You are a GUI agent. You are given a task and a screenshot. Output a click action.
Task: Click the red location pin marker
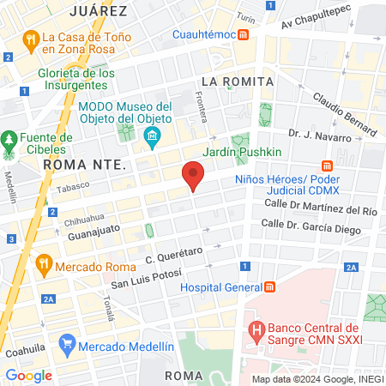click(x=193, y=177)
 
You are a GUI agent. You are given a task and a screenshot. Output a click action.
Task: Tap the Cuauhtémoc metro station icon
click(x=244, y=35)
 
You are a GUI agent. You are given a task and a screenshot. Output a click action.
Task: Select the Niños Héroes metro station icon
click(x=327, y=166)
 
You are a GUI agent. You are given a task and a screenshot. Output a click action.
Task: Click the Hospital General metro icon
click(x=269, y=286)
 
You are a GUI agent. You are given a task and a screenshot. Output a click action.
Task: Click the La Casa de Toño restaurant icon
click(x=30, y=38)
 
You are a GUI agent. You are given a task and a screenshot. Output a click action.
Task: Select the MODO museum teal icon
click(x=153, y=135)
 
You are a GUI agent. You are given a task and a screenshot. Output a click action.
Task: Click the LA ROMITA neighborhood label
click(x=236, y=81)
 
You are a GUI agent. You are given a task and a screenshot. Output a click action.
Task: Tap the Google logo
click(x=29, y=375)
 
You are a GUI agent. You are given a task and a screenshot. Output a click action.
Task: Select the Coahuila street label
click(x=24, y=350)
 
